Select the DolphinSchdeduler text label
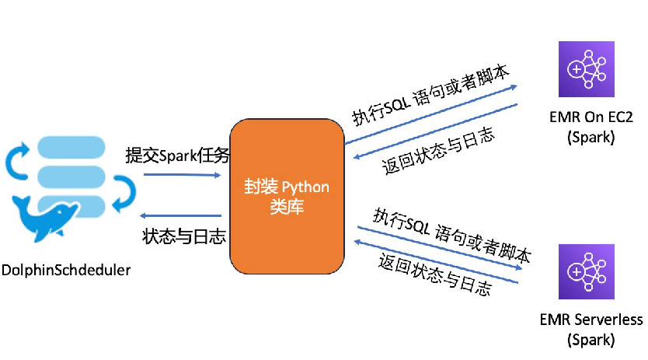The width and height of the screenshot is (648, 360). (x=66, y=271)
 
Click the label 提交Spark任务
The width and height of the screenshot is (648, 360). (x=178, y=156)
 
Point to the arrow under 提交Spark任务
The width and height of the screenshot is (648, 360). (x=182, y=175)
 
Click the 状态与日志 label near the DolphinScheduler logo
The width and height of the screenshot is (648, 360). (x=180, y=236)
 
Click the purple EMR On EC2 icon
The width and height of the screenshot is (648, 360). (x=586, y=69)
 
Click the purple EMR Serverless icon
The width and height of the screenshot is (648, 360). (x=586, y=272)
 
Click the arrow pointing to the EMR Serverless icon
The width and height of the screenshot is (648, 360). (x=439, y=248)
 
